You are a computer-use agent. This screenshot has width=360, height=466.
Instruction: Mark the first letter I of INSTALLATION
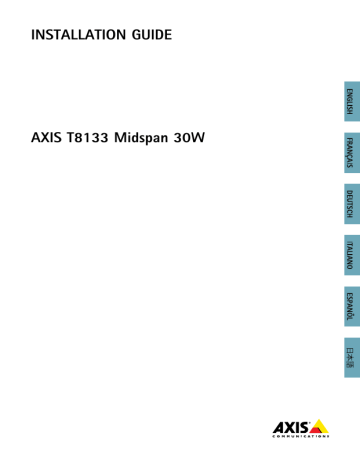34,35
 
